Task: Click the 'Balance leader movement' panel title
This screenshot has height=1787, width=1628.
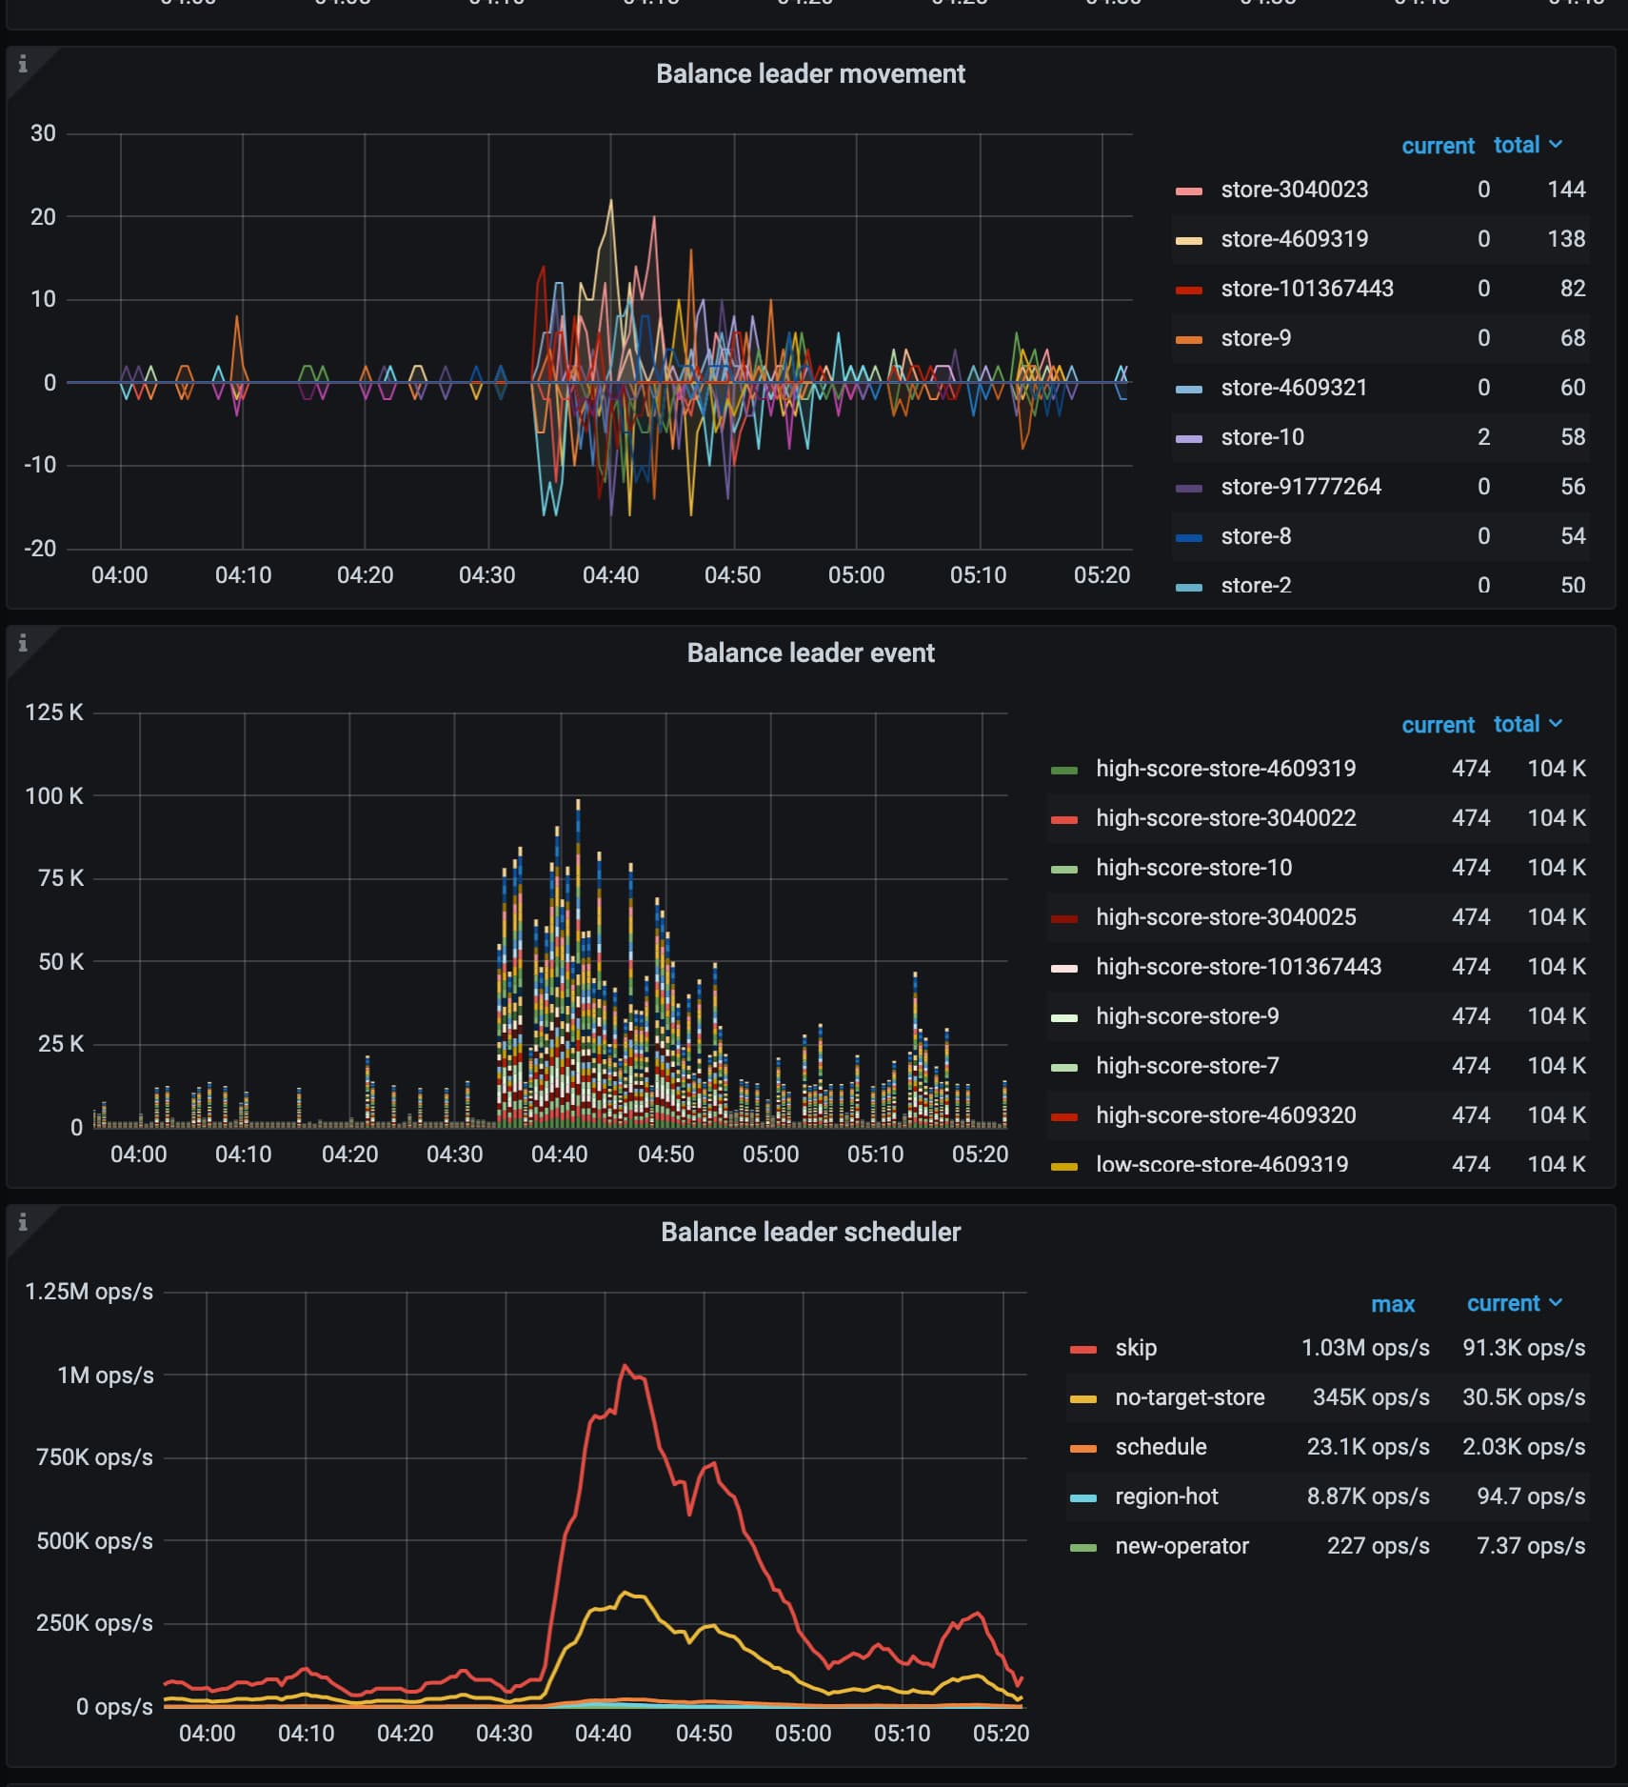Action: (810, 74)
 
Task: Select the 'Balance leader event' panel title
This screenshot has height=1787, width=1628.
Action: (810, 653)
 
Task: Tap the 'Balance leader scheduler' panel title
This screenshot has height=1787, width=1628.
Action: (810, 1233)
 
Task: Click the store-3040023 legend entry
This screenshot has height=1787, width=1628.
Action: (1294, 190)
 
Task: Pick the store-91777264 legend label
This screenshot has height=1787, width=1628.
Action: (1300, 487)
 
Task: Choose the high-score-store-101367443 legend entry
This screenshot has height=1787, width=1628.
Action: (1238, 967)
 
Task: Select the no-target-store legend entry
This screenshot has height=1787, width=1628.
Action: (1189, 1397)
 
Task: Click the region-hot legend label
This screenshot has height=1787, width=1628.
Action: (1166, 1496)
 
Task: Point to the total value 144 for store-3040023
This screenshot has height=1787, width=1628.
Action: (1566, 190)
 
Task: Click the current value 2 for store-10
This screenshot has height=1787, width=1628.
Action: (1483, 437)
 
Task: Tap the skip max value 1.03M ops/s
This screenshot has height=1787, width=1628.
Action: (1365, 1348)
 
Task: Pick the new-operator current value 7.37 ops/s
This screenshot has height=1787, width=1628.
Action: (1530, 1546)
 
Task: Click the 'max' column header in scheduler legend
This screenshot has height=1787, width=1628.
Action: (1392, 1304)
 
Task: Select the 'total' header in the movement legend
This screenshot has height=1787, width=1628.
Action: (1517, 145)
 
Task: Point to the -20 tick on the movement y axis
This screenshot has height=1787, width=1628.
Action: (40, 549)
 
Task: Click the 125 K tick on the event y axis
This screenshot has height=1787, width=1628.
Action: (54, 713)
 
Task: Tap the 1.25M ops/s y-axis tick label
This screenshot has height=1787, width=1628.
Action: (89, 1292)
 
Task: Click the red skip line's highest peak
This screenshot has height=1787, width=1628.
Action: (625, 1366)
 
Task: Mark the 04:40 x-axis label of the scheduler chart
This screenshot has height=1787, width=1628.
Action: (603, 1733)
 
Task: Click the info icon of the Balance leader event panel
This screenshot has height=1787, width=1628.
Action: (23, 643)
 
